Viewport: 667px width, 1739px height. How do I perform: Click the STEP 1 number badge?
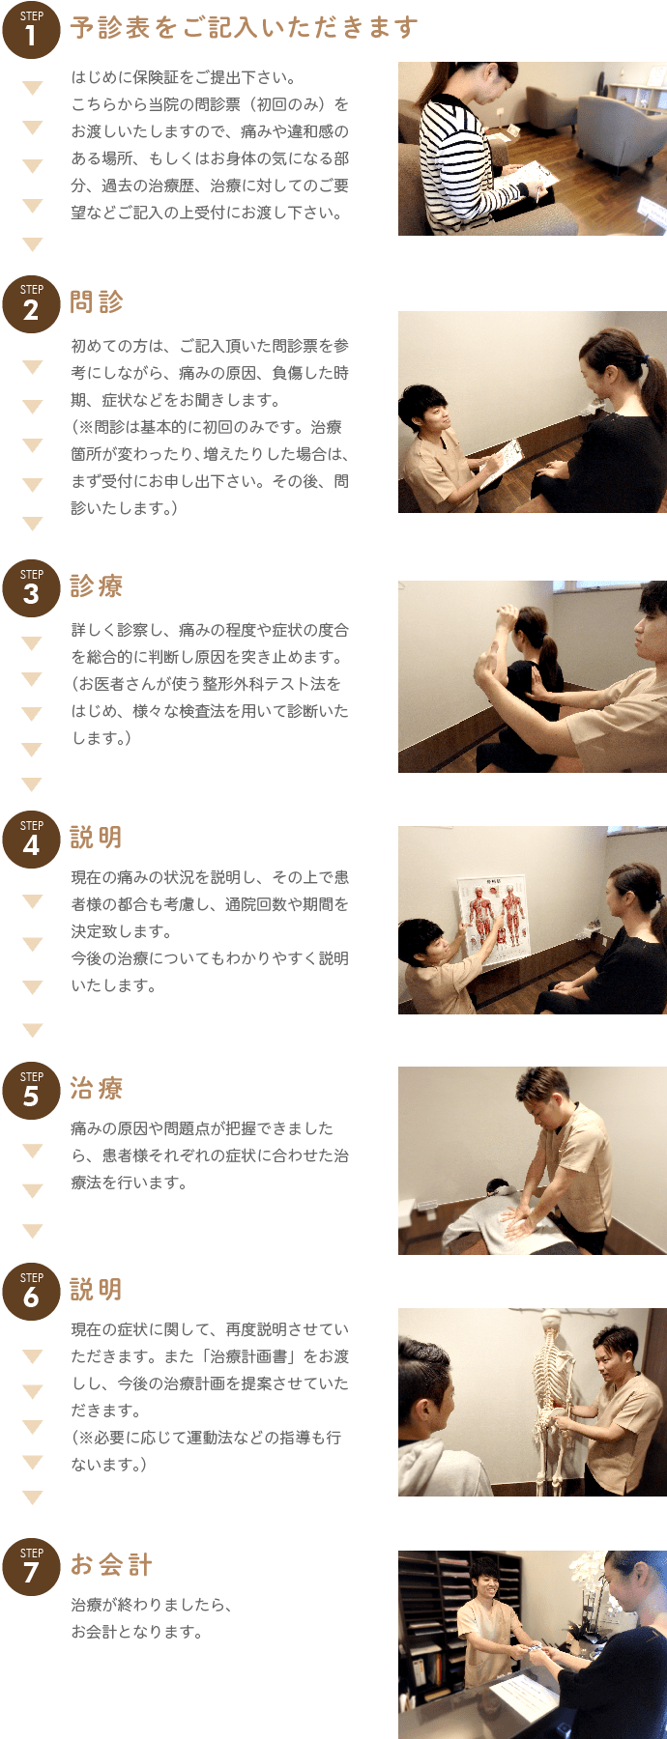tap(31, 30)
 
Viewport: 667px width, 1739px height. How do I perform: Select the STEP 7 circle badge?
tap(31, 1566)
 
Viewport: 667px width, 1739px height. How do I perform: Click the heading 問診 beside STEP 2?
tap(97, 302)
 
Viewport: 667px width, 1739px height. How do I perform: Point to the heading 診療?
tap(97, 586)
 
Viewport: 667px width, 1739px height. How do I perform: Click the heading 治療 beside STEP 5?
tap(97, 1089)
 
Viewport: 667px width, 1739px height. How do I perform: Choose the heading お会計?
tap(111, 1565)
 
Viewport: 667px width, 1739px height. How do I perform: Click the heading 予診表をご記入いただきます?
tap(244, 28)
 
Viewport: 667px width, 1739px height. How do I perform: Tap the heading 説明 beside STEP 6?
tap(97, 1290)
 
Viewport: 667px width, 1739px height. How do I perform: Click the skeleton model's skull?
tap(550, 1326)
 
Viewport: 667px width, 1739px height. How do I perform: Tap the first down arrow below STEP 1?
tap(33, 88)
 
